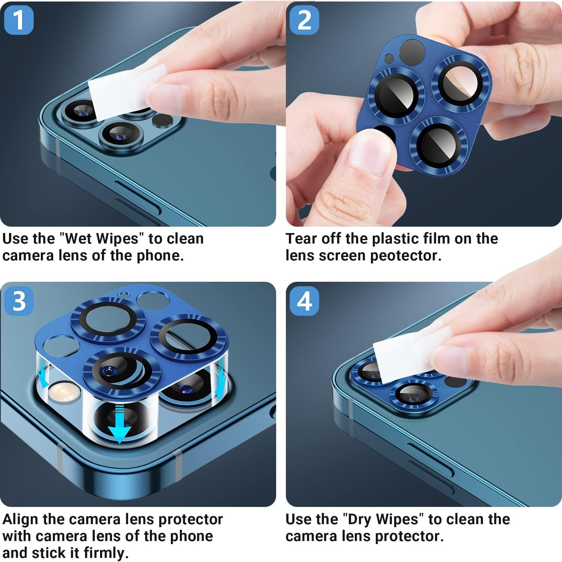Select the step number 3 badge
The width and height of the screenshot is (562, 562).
click(19, 301)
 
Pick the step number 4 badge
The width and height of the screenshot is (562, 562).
click(304, 301)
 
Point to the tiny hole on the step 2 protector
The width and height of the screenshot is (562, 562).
click(389, 58)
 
